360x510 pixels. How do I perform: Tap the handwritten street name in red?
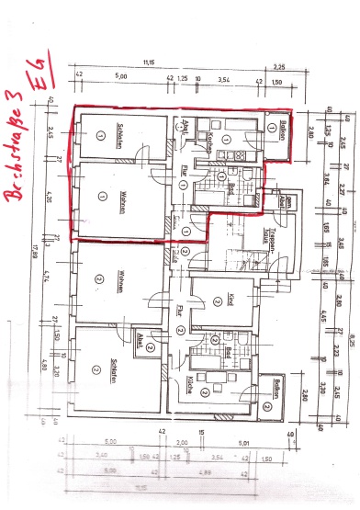(17, 147)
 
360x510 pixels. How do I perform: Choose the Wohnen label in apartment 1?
(118, 196)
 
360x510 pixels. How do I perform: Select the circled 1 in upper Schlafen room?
(96, 134)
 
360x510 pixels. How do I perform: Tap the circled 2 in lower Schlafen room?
(96, 368)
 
